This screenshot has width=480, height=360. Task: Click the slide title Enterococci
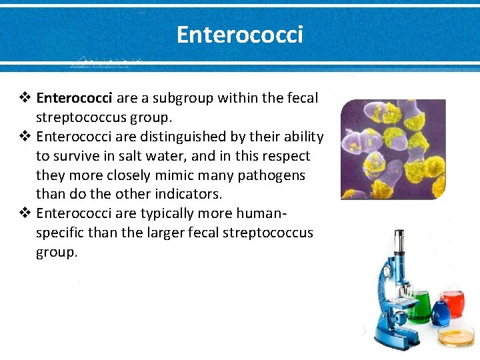(x=239, y=34)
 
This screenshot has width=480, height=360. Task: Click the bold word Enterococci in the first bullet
(x=75, y=99)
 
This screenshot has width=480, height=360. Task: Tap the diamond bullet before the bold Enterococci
(x=25, y=99)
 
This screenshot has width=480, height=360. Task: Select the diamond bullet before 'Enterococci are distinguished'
(x=25, y=137)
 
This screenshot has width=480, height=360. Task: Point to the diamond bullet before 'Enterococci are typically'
(x=25, y=214)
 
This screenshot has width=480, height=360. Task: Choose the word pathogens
(x=273, y=175)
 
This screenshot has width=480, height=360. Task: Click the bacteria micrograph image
(x=393, y=149)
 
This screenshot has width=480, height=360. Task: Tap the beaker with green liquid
(x=419, y=307)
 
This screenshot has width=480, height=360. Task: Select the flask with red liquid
(x=453, y=304)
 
